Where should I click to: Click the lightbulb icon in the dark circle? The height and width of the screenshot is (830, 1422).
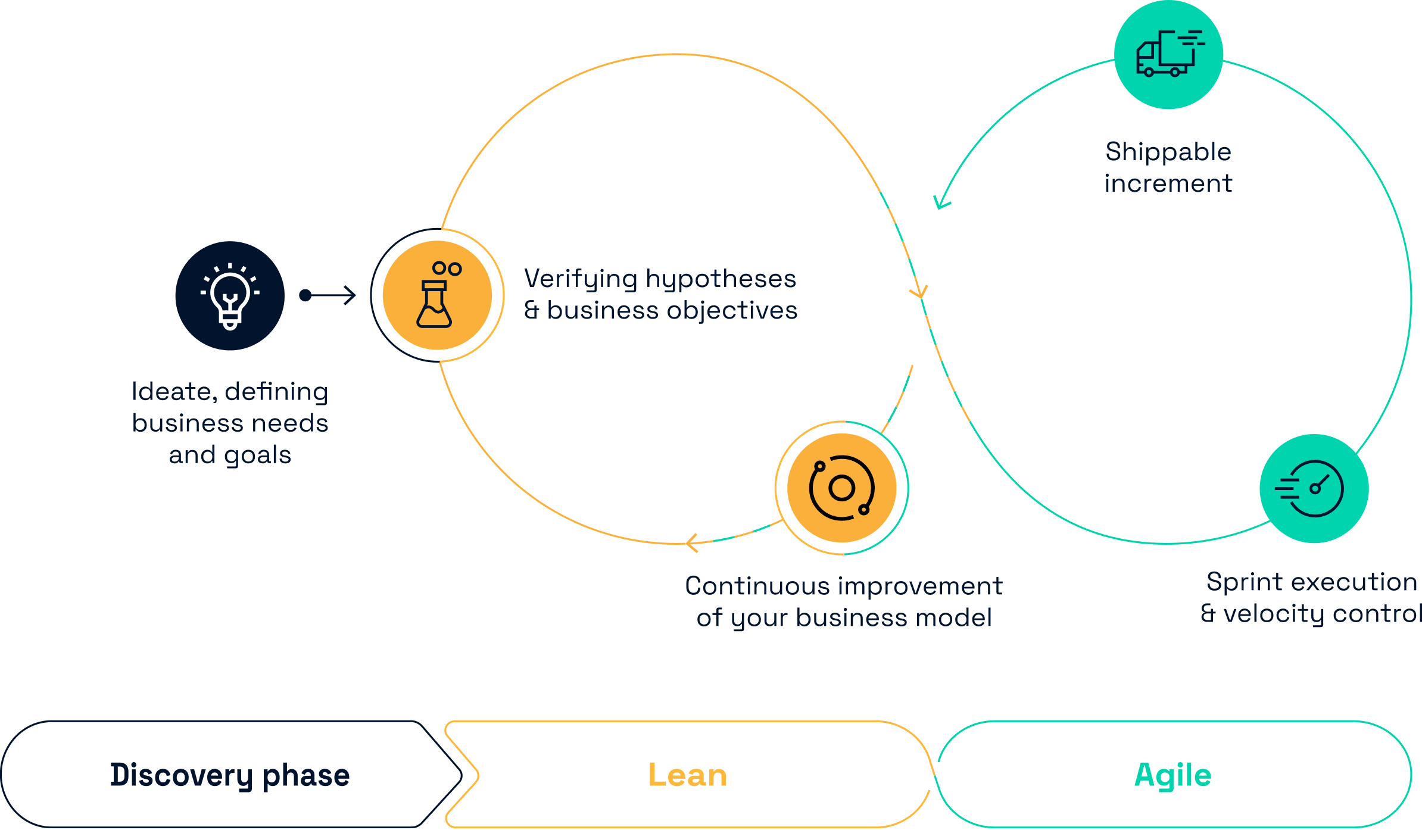(x=230, y=296)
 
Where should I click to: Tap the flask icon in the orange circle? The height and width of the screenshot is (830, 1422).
(x=437, y=295)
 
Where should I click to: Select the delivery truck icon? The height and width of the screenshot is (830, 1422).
(x=1168, y=54)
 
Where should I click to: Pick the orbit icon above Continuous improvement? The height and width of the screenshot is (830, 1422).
(x=841, y=488)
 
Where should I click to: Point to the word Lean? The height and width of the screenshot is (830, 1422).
(x=688, y=775)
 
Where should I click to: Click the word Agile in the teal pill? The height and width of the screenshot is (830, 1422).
(x=1172, y=775)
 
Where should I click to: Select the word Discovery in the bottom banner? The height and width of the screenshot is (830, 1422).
(x=181, y=775)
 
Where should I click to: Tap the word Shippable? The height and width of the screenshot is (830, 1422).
(x=1168, y=152)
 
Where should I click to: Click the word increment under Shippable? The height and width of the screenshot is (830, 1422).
(x=1168, y=183)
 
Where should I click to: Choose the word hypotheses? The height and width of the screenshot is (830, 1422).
(x=721, y=279)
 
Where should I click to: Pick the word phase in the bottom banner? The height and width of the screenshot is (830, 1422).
(x=306, y=775)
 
